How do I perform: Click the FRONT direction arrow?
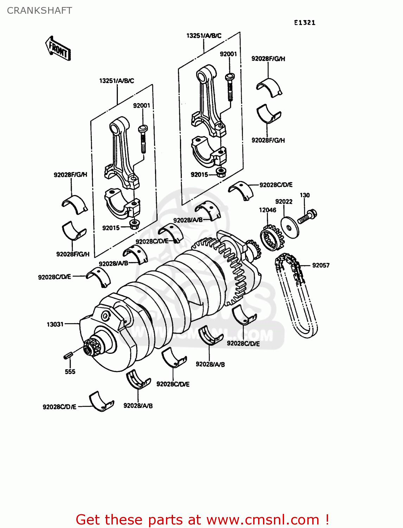pyautogui.click(x=58, y=49)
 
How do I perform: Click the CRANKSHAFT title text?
pyautogui.click(x=39, y=11)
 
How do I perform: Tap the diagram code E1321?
pyautogui.click(x=305, y=23)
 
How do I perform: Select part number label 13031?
pyautogui.click(x=55, y=324)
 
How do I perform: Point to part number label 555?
pyautogui.click(x=70, y=372)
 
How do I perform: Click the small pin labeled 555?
pyautogui.click(x=68, y=356)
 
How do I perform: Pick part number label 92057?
pyautogui.click(x=321, y=265)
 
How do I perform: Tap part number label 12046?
pyautogui.click(x=267, y=210)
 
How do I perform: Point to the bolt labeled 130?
pyautogui.click(x=307, y=216)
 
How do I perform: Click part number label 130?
pyautogui.click(x=305, y=195)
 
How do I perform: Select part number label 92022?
pyautogui.click(x=283, y=202)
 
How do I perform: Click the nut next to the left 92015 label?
pyautogui.click(x=134, y=225)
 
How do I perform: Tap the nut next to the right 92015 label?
pyautogui.click(x=221, y=172)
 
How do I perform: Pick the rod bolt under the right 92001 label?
pyautogui.click(x=230, y=86)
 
